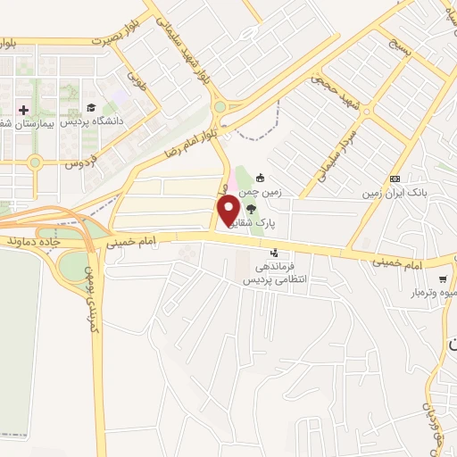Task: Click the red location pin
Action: coord(229,211)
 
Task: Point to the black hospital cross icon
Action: coord(23,109)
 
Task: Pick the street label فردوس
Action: coord(79,164)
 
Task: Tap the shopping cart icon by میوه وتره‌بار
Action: coord(443,278)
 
